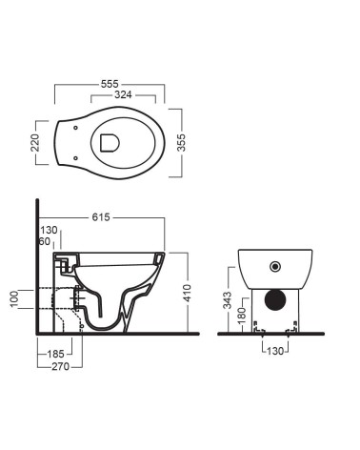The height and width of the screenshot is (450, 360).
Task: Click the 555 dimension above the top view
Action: pos(110,84)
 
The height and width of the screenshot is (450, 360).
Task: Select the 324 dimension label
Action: pos(123,94)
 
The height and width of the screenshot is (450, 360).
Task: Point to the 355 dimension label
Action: pos(181,143)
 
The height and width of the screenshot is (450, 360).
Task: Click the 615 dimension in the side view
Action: pos(101,217)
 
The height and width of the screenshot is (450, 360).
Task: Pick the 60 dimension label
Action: pos(45,241)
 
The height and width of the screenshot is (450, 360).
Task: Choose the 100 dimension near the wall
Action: pos(15,299)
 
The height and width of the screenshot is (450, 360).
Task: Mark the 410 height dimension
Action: pos(188,294)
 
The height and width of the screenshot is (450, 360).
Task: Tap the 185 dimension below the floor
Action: pos(56,354)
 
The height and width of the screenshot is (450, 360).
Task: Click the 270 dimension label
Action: pos(60,367)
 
